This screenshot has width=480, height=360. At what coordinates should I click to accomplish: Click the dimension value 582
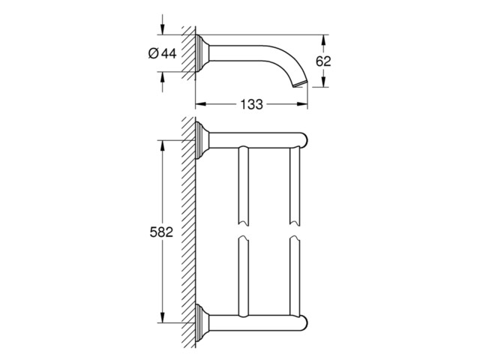pos(161,232)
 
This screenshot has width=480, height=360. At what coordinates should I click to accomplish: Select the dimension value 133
pos(251,104)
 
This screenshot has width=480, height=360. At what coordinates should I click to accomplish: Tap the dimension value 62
pos(323,61)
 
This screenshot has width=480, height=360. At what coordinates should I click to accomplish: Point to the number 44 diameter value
pos(169,53)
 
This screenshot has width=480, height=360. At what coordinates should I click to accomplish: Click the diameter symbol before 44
pos(153,53)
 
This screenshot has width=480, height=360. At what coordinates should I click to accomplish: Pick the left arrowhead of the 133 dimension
pos(200,104)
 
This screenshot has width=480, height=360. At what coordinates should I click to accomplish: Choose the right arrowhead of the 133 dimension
pos(303,104)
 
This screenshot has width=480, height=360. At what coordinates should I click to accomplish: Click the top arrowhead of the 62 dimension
pos(323,40)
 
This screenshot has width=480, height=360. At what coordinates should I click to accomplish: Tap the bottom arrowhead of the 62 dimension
pos(323,82)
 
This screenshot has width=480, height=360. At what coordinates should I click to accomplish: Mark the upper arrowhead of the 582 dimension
pos(162,145)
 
